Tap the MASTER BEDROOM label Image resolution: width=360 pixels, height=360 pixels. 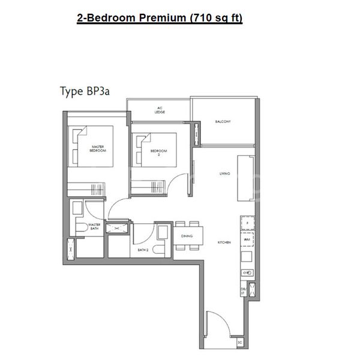98,149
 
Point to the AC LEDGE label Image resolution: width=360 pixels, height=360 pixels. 160,109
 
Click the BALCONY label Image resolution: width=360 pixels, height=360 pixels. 223,122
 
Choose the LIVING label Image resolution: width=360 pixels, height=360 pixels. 225,174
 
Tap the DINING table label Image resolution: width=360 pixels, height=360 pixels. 187,236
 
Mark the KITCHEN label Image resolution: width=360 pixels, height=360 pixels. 225,243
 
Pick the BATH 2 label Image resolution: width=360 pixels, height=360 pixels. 143,249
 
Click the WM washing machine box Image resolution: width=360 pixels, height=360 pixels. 246,239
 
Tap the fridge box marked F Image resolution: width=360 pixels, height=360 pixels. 246,223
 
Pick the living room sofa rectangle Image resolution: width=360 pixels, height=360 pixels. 245,179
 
